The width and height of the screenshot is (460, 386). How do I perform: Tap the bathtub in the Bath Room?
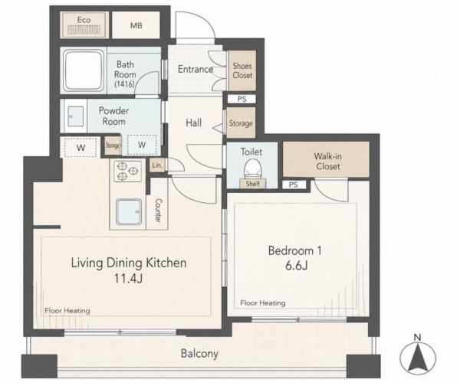(x=84, y=70)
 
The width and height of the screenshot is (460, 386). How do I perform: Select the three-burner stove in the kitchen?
(x=127, y=171)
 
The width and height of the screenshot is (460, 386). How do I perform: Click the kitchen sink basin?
(x=129, y=211)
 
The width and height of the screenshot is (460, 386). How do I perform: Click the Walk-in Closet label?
(x=327, y=161)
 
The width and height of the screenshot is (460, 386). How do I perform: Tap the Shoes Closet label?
(x=242, y=70)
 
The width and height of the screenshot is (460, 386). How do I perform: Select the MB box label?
(x=136, y=25)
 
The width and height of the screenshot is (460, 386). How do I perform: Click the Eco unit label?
(x=84, y=20)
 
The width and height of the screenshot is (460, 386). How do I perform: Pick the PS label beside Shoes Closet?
(x=242, y=99)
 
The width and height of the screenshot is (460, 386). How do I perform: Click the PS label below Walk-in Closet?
(x=294, y=185)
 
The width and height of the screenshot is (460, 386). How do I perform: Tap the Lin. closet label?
(x=157, y=165)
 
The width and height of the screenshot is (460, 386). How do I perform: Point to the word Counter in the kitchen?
(x=158, y=211)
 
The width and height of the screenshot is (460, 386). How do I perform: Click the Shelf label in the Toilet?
(x=252, y=184)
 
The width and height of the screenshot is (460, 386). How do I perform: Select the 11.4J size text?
(x=128, y=278)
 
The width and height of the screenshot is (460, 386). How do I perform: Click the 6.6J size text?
(x=296, y=266)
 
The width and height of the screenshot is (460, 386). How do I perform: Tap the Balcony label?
(x=199, y=354)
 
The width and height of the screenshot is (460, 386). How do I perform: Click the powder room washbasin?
(x=75, y=116)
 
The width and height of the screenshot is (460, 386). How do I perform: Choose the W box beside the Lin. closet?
(x=142, y=145)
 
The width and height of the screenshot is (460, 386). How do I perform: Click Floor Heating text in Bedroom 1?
(x=263, y=303)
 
